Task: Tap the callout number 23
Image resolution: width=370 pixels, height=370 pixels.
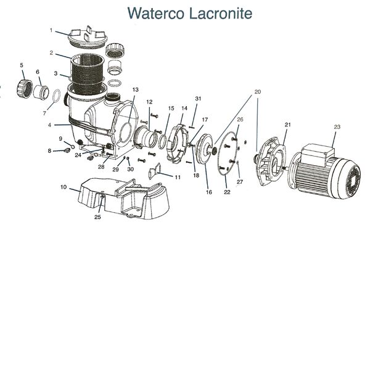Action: click(337, 127)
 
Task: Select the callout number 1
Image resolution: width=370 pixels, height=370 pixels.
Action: click(51, 30)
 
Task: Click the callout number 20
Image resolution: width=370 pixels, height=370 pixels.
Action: click(258, 92)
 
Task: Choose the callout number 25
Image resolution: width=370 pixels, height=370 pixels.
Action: click(97, 217)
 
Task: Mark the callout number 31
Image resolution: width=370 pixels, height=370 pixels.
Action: click(198, 99)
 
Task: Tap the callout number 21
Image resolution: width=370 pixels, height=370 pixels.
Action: click(287, 125)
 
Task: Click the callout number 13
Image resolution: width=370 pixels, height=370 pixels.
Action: click(136, 90)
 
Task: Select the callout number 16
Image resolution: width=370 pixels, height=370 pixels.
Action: click(209, 192)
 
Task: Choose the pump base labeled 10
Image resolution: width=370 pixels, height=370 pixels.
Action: click(123, 194)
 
